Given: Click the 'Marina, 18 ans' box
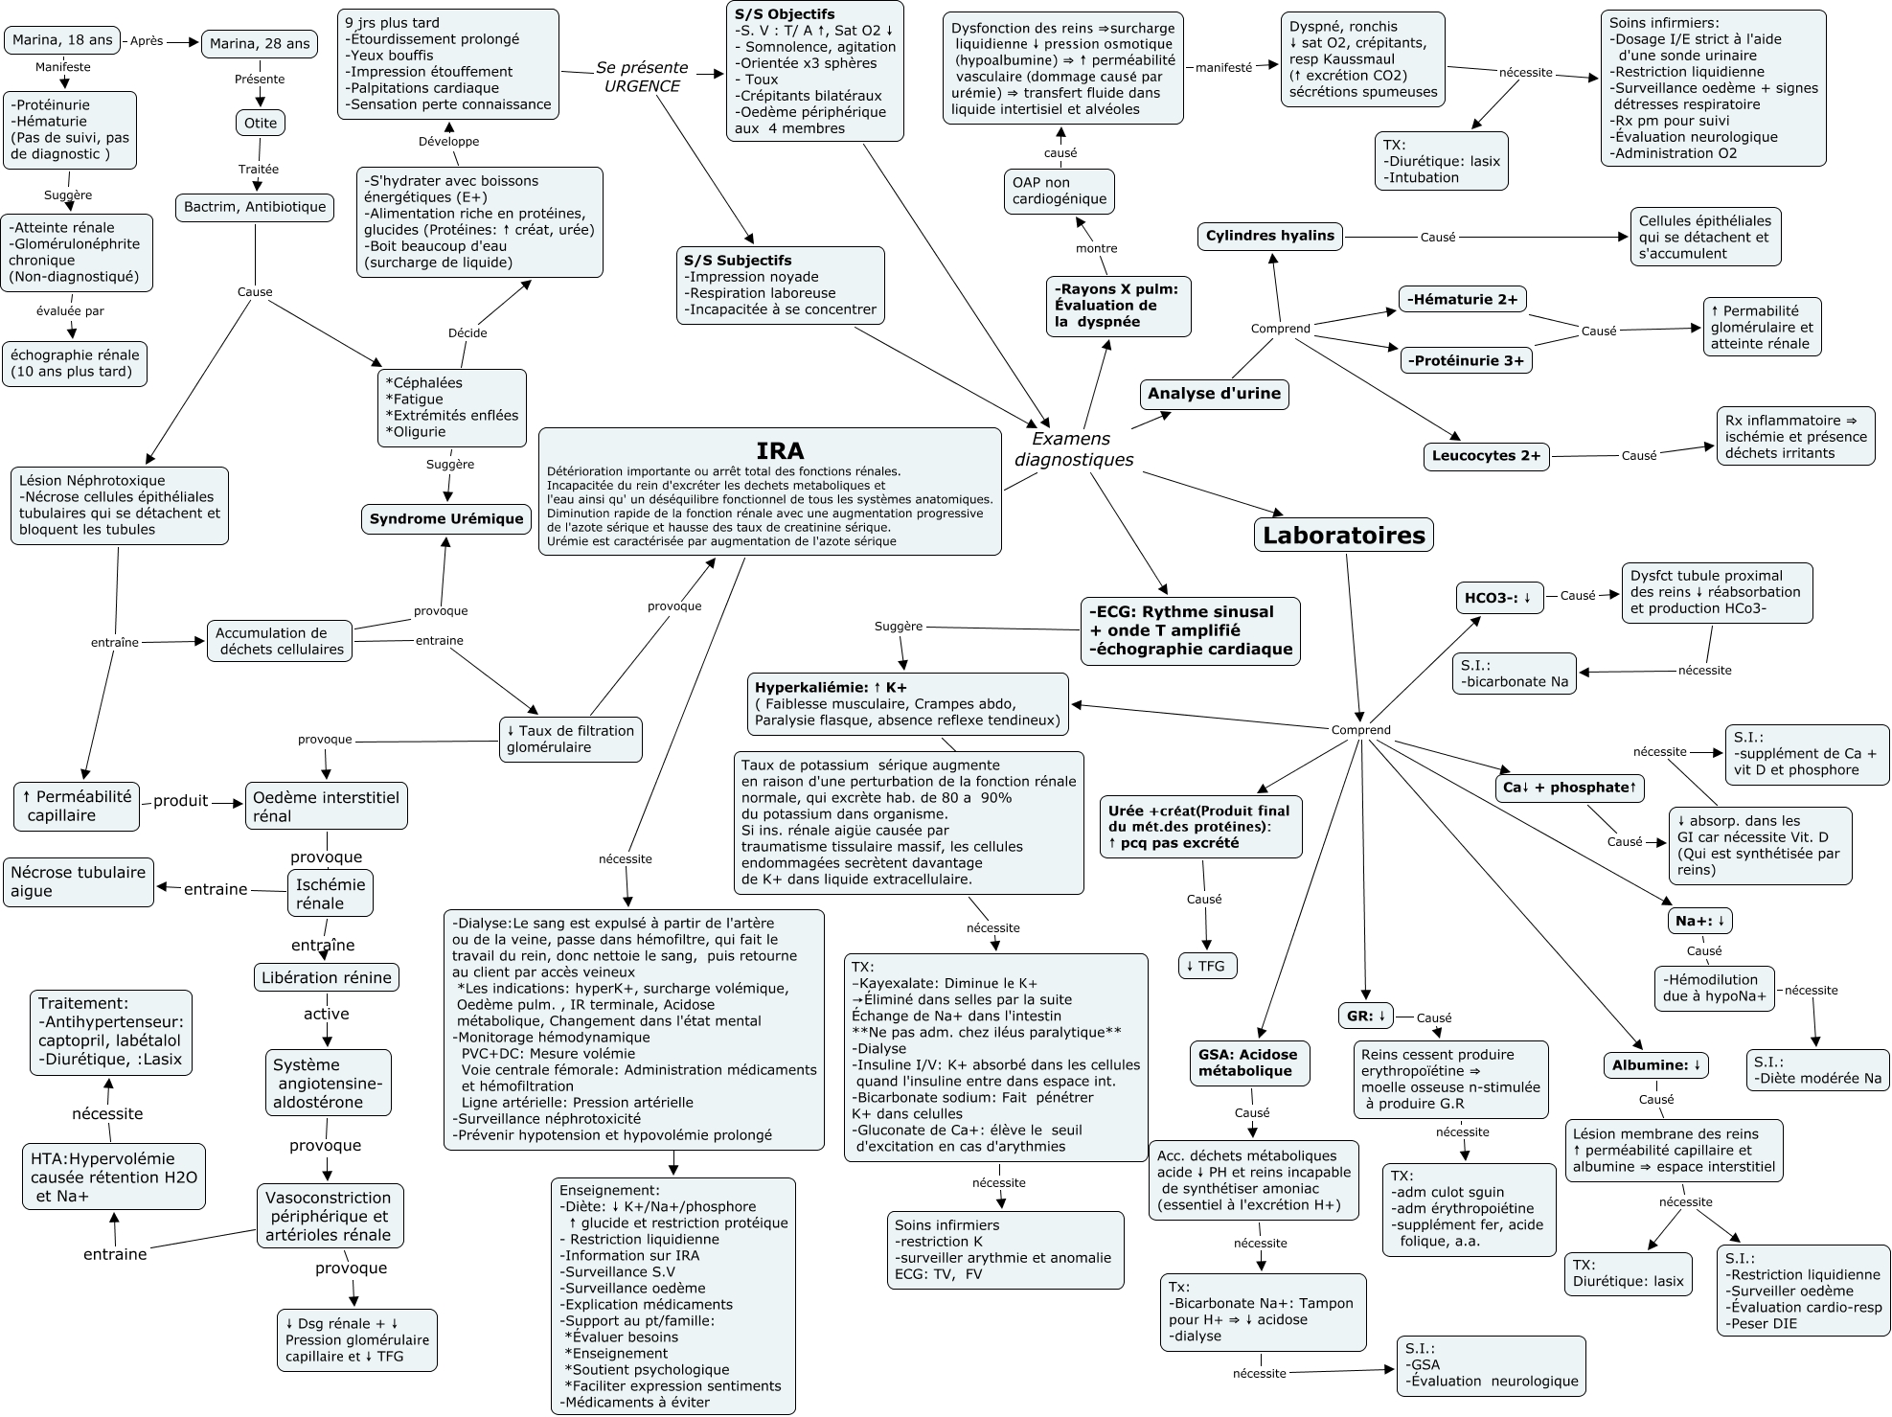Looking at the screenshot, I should [63, 40].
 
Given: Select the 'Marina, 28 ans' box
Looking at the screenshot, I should [260, 43].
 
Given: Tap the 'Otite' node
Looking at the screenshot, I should [261, 123].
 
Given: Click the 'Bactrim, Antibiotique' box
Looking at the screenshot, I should [255, 207].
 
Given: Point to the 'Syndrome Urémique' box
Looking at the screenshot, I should [446, 519].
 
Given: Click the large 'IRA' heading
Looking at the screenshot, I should [780, 450].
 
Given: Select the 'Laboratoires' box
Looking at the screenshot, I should [1344, 535].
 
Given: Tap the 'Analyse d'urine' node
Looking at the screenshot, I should [1214, 394].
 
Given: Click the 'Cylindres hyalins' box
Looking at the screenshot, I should [1269, 236].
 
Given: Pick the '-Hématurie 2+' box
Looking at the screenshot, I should [1462, 299].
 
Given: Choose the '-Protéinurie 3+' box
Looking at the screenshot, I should [1466, 360].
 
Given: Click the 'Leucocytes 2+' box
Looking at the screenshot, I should [1486, 456].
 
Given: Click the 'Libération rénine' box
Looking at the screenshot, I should [327, 977].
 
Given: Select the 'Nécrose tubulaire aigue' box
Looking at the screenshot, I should [78, 881].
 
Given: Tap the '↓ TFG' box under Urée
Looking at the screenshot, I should [1206, 966].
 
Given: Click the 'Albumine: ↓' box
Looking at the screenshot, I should [1656, 1065].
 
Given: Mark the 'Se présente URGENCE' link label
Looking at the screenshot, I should [641, 77].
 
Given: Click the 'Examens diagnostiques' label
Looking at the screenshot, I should [1073, 449].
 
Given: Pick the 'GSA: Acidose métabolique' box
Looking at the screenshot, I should [1247, 1063].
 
